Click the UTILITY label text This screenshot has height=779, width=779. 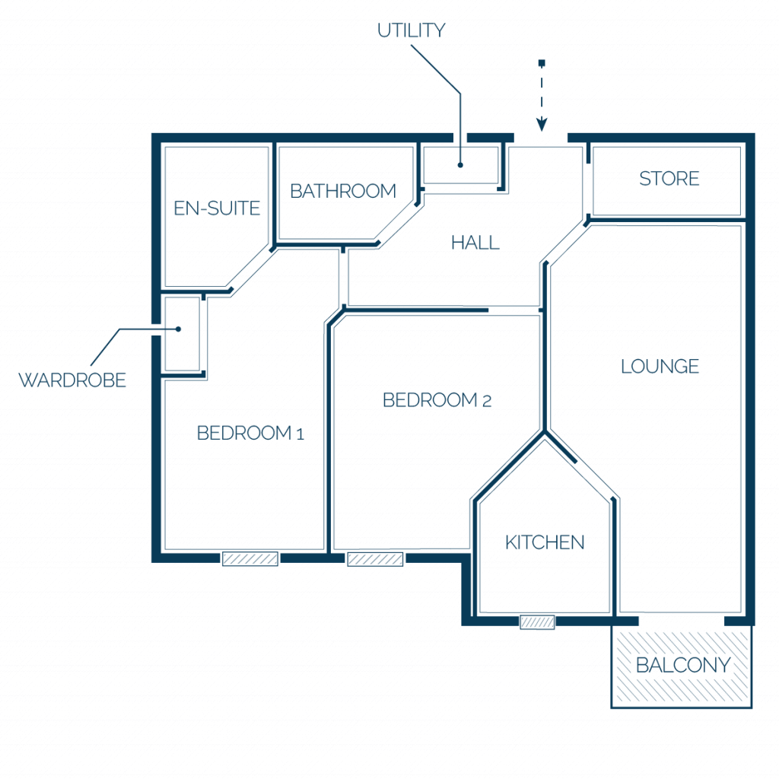tap(411, 30)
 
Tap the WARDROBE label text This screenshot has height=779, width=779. tap(72, 380)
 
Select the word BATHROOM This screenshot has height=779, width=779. tap(343, 191)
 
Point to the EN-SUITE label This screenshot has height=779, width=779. tap(217, 208)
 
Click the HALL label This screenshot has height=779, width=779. tap(475, 243)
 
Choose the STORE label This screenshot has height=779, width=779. tap(669, 178)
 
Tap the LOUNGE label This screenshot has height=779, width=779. tap(660, 366)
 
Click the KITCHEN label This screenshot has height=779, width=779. tap(545, 542)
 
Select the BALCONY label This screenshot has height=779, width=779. tap(683, 665)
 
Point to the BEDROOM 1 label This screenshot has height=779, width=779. tap(250, 433)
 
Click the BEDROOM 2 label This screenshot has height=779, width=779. tap(437, 400)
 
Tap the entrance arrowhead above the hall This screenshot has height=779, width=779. tap(542, 124)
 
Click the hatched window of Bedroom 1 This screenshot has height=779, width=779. tap(250, 559)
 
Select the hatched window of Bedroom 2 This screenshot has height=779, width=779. tap(375, 559)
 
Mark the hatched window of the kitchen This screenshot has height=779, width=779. tap(537, 622)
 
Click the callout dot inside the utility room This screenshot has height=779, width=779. tap(460, 165)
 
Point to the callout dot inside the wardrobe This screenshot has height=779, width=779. tap(178, 329)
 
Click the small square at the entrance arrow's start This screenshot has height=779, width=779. tap(542, 63)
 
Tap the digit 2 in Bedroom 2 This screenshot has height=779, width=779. tap(487, 401)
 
